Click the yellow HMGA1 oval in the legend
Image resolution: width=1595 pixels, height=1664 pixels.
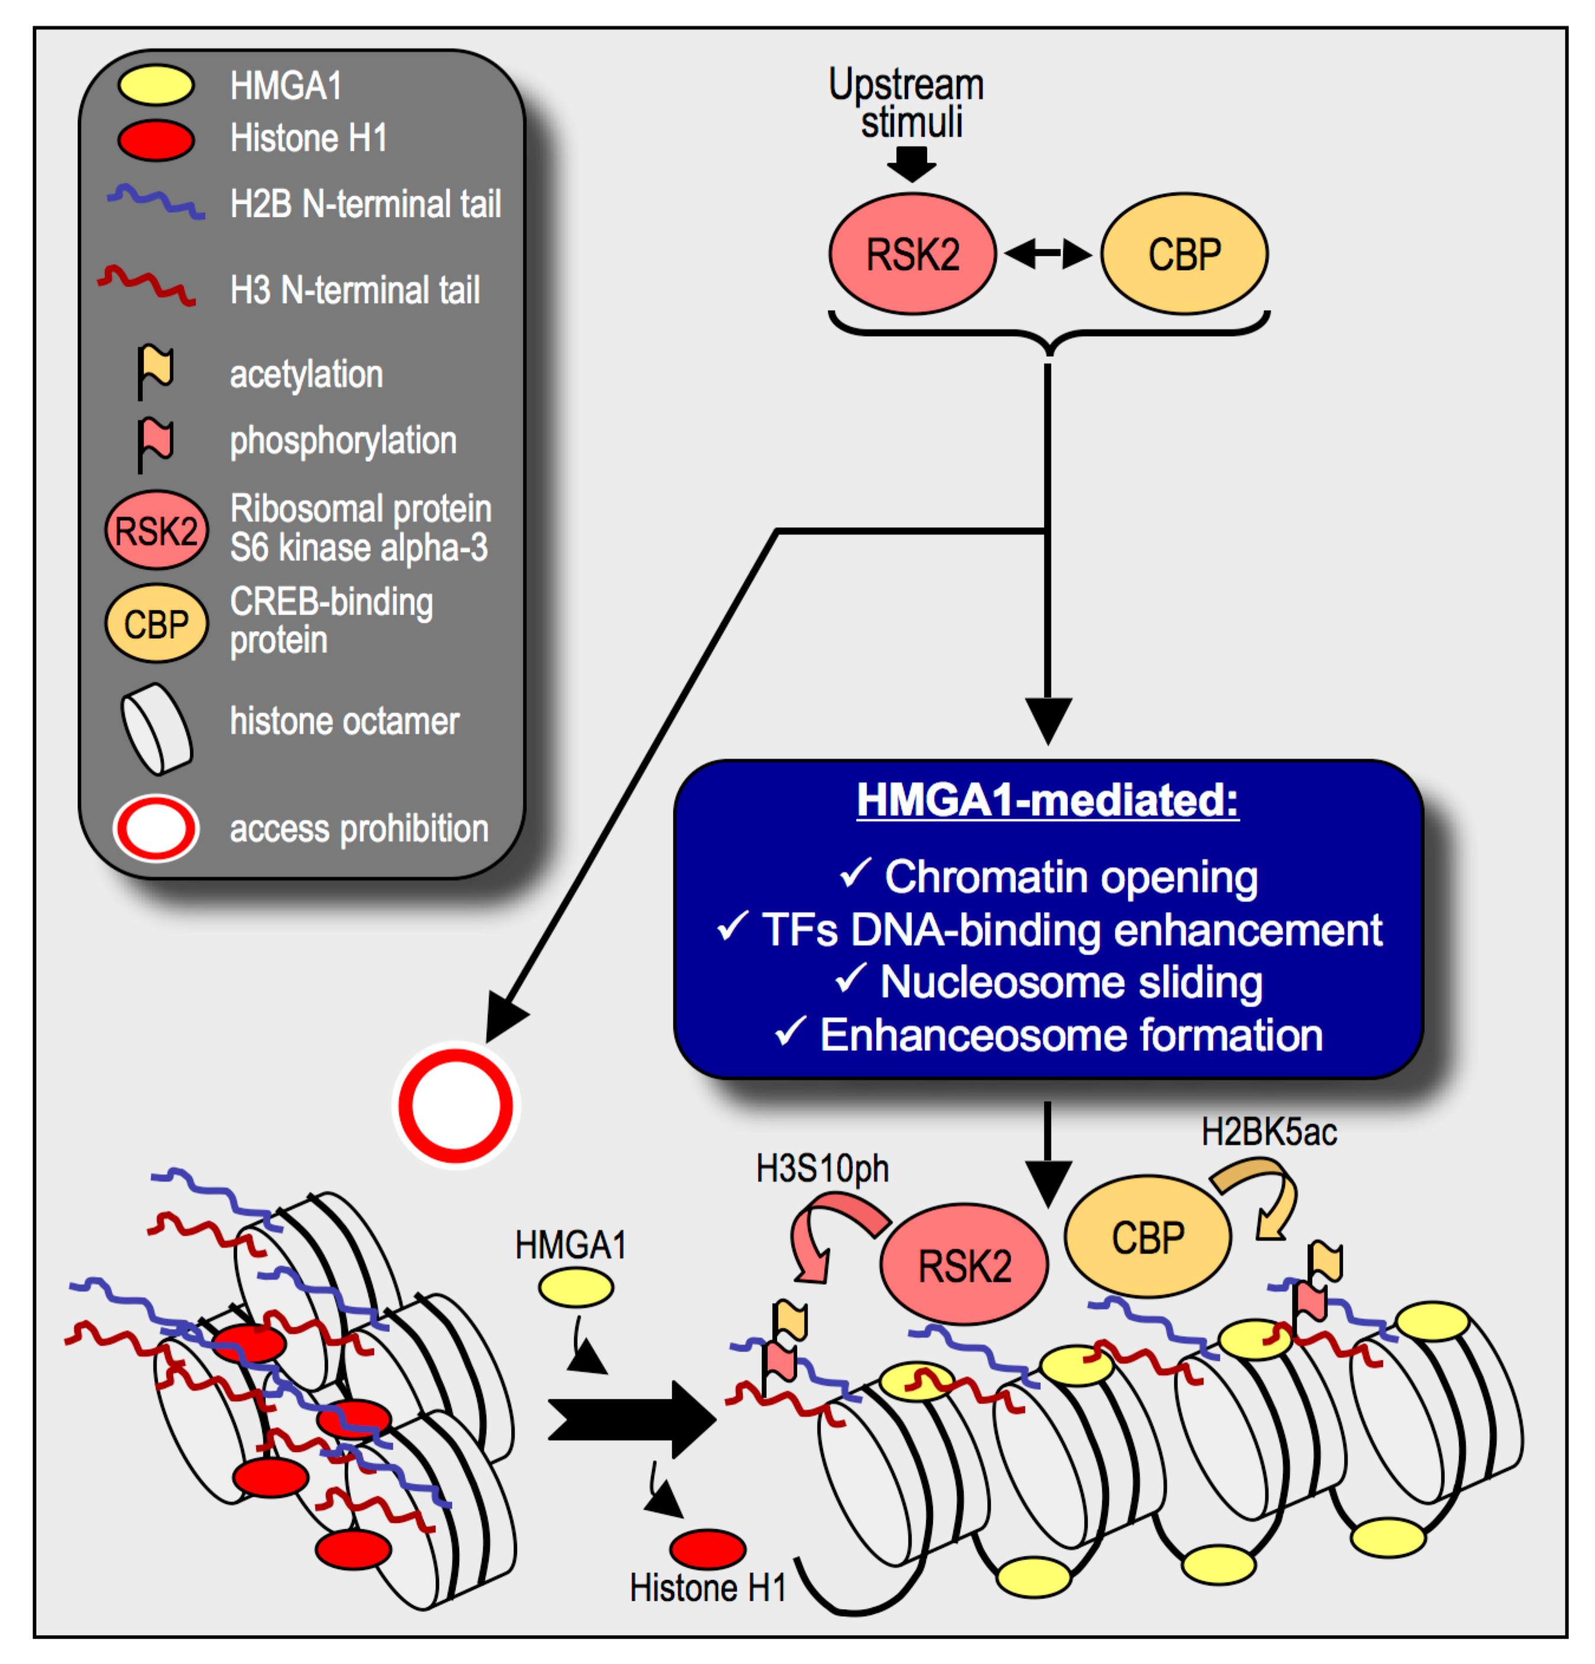pyautogui.click(x=155, y=85)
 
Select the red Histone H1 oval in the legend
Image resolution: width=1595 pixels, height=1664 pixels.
pyautogui.click(x=155, y=140)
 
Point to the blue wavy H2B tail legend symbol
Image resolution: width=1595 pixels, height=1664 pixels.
pyautogui.click(x=155, y=201)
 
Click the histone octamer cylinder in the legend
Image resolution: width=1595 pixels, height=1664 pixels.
pyautogui.click(x=156, y=729)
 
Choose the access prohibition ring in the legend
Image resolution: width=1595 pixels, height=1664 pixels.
pyautogui.click(x=156, y=828)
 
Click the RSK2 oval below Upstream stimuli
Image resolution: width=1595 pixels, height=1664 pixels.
pyautogui.click(x=913, y=253)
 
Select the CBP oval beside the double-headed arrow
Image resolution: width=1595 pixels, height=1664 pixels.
pyautogui.click(x=1184, y=253)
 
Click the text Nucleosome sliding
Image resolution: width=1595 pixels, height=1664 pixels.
pyautogui.click(x=1071, y=982)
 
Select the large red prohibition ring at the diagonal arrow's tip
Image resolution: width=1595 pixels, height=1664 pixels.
pyautogui.click(x=456, y=1106)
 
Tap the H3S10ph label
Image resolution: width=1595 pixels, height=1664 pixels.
pyautogui.click(x=822, y=1169)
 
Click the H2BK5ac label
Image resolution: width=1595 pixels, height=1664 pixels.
pyautogui.click(x=1269, y=1132)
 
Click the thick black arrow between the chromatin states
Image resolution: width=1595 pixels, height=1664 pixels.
pyautogui.click(x=633, y=1419)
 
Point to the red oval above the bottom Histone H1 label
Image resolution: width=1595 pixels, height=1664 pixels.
pyautogui.click(x=707, y=1549)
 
